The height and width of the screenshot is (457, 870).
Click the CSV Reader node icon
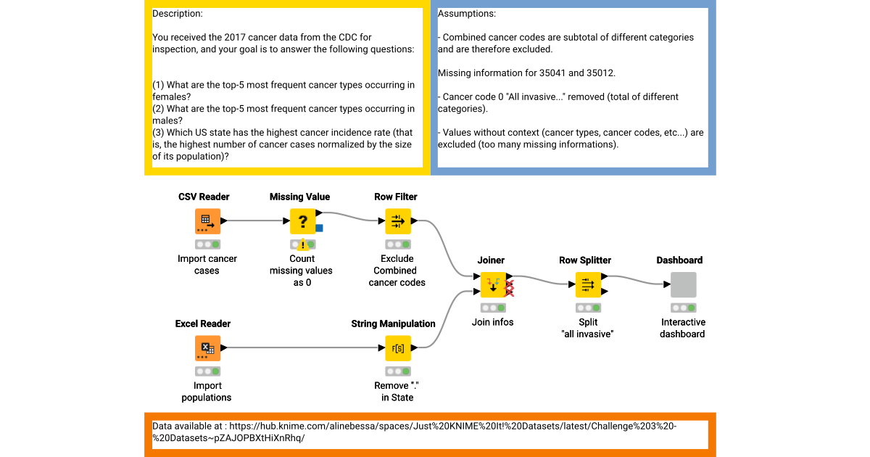[207, 221]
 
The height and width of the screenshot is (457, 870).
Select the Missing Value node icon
[302, 221]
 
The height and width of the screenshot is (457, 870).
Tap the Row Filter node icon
[397, 221]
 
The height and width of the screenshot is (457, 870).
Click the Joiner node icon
[493, 284]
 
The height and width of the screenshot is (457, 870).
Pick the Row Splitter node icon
[588, 284]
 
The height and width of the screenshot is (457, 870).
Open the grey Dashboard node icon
[683, 284]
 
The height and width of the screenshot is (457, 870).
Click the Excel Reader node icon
[207, 348]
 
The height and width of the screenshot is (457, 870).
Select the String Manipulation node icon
[397, 348]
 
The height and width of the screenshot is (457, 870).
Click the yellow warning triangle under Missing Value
[303, 245]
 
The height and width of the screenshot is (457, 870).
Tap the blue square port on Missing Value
[319, 228]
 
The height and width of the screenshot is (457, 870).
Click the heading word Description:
[178, 14]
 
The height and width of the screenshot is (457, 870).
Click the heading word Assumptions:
[467, 14]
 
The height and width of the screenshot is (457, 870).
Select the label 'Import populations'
[207, 392]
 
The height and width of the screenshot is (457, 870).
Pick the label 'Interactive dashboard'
[683, 328]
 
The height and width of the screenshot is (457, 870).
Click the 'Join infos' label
[492, 322]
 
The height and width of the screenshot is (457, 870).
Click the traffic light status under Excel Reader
[207, 371]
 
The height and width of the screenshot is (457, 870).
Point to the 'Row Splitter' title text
[585, 260]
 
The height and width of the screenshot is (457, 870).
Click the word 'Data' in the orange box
[163, 427]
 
